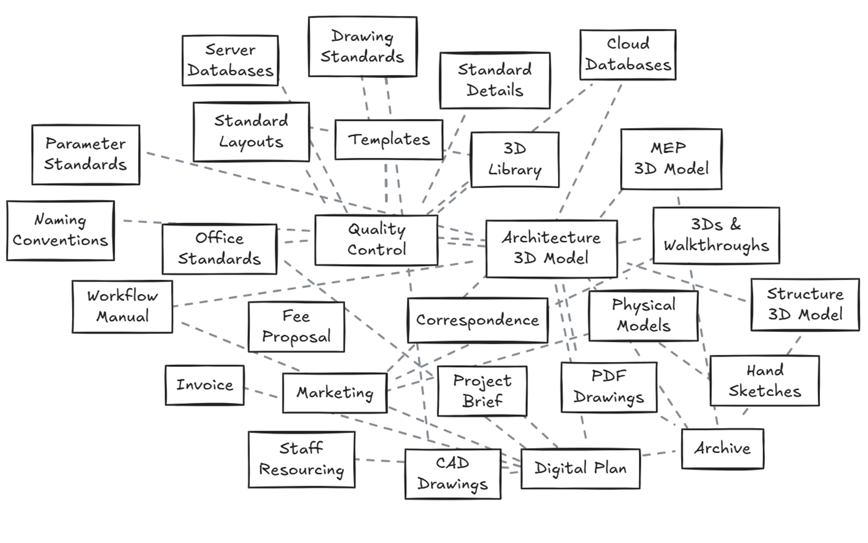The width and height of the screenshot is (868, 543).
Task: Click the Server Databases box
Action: (230, 60)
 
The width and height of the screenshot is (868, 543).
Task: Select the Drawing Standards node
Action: (363, 47)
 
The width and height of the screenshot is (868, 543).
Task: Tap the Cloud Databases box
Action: (628, 55)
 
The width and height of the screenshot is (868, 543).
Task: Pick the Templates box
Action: (389, 140)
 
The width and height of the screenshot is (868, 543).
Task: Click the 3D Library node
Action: (515, 160)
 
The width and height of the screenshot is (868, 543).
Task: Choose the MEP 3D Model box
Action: (671, 159)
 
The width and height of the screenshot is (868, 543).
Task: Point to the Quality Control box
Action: (377, 240)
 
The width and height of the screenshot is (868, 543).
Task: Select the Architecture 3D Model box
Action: (552, 249)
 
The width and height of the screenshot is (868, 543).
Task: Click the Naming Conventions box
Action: (61, 231)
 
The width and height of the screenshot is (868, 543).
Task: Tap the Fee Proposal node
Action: (296, 327)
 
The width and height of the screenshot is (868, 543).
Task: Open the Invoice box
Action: (205, 385)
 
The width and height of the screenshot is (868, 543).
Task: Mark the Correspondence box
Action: (477, 321)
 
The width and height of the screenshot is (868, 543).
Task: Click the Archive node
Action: (722, 449)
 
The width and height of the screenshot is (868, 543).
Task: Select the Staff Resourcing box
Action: (302, 460)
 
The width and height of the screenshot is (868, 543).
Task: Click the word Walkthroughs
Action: (716, 246)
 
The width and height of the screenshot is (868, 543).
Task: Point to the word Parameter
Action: (85, 144)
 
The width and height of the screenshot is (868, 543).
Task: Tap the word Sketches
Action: (764, 391)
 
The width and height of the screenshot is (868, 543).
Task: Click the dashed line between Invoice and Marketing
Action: (261, 393)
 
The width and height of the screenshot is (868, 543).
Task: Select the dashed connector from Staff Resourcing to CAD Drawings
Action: (380, 461)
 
